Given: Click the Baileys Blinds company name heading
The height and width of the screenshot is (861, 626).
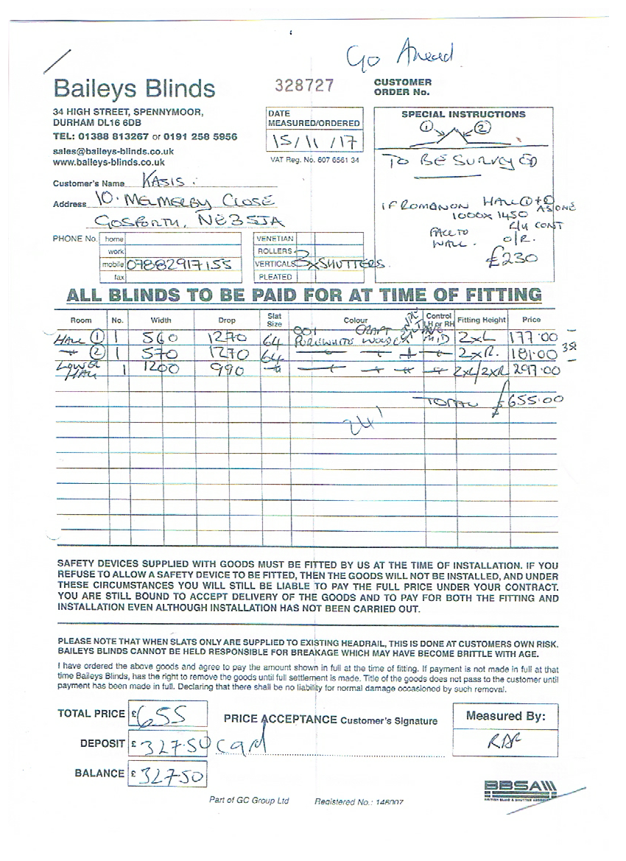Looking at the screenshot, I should click(x=134, y=88).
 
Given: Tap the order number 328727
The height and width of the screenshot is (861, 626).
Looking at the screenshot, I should click(x=303, y=85).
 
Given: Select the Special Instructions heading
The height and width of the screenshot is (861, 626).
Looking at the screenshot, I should click(x=463, y=114).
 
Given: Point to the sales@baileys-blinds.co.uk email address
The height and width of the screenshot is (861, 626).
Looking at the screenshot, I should click(x=113, y=151).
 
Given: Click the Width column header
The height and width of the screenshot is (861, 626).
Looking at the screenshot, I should click(x=161, y=320).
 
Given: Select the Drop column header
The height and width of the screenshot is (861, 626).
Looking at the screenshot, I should click(x=227, y=320).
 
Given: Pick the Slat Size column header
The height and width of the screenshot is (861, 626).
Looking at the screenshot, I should click(x=274, y=320).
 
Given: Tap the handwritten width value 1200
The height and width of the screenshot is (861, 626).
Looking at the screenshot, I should click(x=162, y=370).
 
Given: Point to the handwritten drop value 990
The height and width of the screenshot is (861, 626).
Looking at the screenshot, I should click(x=227, y=370).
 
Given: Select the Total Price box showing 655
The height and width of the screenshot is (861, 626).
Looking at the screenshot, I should click(x=167, y=714).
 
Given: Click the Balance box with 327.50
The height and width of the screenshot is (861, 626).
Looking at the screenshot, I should click(x=167, y=773).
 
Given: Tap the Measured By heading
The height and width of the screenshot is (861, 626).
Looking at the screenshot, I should click(x=505, y=716).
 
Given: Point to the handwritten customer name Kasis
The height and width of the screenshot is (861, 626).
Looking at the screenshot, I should click(x=157, y=180).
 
